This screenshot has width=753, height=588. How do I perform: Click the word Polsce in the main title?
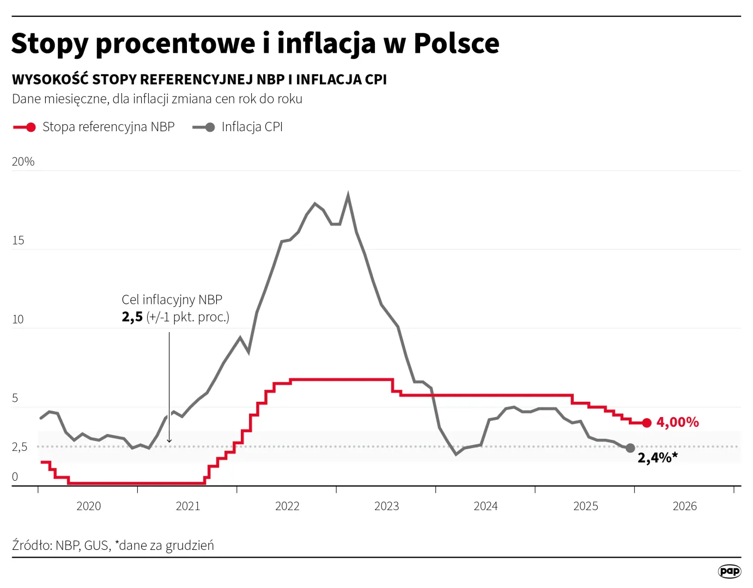tap(456, 44)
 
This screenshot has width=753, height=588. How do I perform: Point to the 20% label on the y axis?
tap(23, 162)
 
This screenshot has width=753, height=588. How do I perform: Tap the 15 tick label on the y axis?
tap(18, 241)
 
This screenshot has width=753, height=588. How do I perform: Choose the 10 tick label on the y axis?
tap(18, 320)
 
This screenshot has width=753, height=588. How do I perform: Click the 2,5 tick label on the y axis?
tap(20, 447)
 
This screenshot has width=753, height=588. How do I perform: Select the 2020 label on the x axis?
tap(88, 506)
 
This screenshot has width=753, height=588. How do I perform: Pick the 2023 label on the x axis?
tap(386, 506)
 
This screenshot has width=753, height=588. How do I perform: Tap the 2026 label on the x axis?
tap(684, 506)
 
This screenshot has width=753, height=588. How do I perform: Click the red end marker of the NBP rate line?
tap(647, 423)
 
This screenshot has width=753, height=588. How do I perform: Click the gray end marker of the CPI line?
tap(630, 448)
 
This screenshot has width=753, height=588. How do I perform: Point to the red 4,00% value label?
tap(677, 422)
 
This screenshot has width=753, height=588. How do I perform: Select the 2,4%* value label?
tap(658, 458)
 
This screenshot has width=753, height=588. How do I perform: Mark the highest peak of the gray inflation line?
tap(348, 195)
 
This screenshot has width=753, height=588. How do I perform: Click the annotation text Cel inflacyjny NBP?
tap(172, 299)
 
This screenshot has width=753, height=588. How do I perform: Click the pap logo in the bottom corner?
tap(729, 571)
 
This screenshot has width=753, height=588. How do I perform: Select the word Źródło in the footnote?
tap(31, 546)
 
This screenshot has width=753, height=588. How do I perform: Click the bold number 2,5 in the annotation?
tap(132, 317)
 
